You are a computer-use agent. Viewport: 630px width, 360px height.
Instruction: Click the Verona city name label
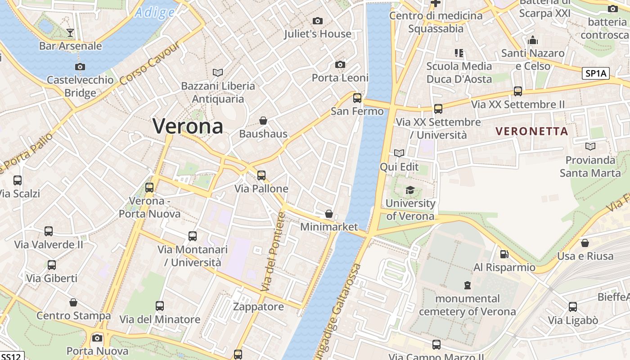pos(188,126)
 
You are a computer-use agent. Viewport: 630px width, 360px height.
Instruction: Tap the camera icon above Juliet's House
pos(318,21)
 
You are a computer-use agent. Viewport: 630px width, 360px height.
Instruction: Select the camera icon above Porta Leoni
pos(340,65)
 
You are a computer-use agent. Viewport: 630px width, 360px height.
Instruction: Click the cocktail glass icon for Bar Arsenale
pos(70,32)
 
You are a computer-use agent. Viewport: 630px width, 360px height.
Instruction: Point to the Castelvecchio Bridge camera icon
pos(80,67)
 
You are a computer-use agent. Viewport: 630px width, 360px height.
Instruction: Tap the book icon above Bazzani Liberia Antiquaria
pos(218,72)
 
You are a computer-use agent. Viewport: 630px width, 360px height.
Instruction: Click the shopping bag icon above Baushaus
pos(263,121)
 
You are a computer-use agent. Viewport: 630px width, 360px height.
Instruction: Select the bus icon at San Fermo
pos(357,98)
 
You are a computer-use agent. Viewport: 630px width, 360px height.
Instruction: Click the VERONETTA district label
pos(531,131)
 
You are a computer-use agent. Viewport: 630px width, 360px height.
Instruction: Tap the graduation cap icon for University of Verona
pos(410,190)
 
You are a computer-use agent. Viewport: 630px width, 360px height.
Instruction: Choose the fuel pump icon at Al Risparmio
pos(504,254)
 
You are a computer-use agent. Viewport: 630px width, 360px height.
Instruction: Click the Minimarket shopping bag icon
pos(329,214)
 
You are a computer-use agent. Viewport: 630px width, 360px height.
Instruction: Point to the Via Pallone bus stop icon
pos(261,175)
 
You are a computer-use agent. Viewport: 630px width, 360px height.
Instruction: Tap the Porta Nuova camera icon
pos(97,338)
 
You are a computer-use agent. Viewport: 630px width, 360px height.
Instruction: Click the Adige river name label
pos(154,12)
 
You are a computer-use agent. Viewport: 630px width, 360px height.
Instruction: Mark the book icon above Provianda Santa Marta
pos(590,146)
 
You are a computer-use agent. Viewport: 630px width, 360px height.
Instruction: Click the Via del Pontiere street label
pos(274,252)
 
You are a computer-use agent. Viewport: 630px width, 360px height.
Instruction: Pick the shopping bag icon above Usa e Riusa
pos(585,243)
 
